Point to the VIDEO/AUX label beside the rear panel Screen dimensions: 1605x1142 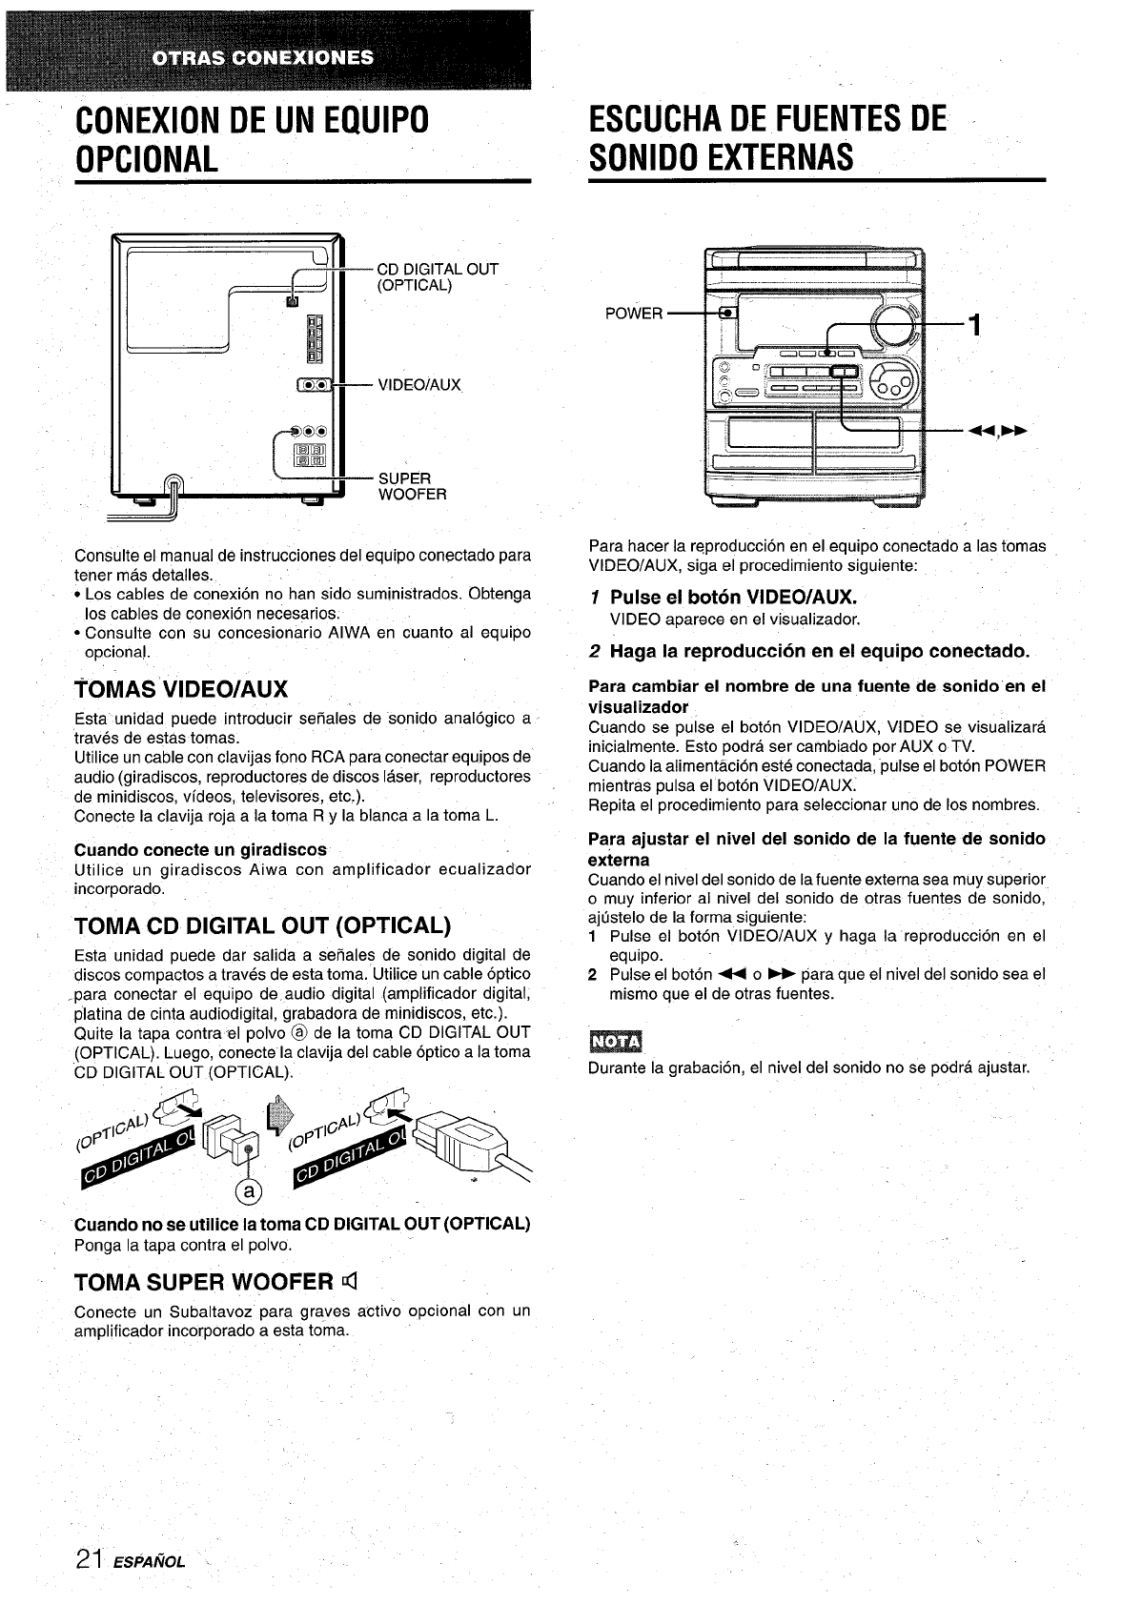pyautogui.click(x=419, y=385)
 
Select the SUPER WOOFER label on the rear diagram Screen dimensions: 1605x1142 pyautogui.click(x=412, y=486)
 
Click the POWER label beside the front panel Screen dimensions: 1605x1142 pyautogui.click(x=634, y=314)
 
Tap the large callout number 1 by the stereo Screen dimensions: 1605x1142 pyautogui.click(x=973, y=325)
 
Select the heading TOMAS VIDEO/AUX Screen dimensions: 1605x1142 pyautogui.click(x=181, y=689)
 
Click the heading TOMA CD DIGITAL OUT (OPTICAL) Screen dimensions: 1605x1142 pyautogui.click(x=262, y=925)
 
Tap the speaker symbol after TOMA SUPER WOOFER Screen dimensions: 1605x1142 pyautogui.click(x=349, y=1281)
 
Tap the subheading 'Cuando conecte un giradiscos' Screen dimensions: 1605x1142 pyautogui.click(x=200, y=849)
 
